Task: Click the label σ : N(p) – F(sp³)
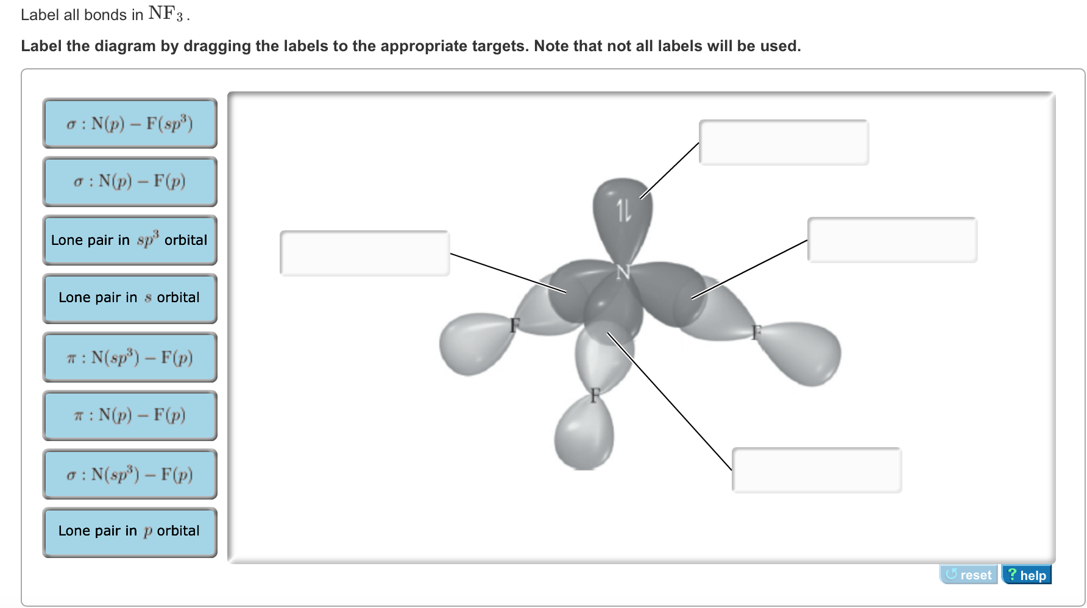pos(130,124)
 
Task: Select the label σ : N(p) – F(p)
pos(130,182)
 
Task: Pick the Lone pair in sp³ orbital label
pos(130,240)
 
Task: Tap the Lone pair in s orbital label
pos(130,298)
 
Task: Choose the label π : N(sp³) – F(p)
pos(130,357)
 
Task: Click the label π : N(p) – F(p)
pos(130,415)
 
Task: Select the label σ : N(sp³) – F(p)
pos(130,474)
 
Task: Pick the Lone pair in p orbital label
pos(130,531)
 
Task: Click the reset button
pos(969,575)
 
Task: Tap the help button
pos(1027,575)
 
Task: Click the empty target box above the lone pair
pos(784,143)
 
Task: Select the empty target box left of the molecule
pos(364,253)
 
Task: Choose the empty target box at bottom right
pos(816,470)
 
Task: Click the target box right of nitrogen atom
pos(892,240)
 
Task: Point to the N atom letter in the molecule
pos(623,273)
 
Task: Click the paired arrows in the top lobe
pos(623,211)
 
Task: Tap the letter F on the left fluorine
pos(515,325)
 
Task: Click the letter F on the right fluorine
pos(756,332)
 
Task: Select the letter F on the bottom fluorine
pos(595,395)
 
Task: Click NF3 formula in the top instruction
pos(165,14)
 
